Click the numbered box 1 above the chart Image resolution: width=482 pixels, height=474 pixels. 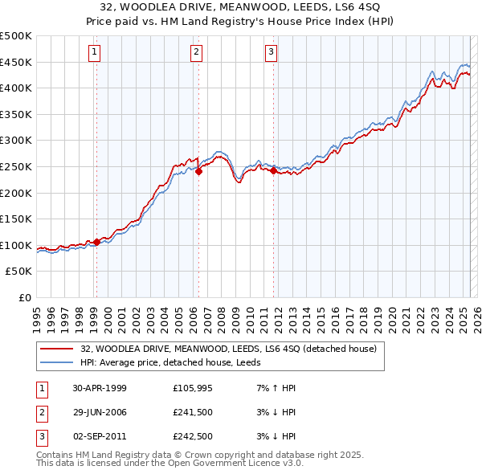click(95, 53)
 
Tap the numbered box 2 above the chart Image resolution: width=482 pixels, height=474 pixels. click(197, 53)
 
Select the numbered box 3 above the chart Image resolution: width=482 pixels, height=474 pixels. click(272, 53)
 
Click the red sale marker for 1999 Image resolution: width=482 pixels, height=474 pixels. click(97, 242)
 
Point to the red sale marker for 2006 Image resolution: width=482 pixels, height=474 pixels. click(198, 170)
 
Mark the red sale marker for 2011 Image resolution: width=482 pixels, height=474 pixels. click(273, 170)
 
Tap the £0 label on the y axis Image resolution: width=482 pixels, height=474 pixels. click(24, 297)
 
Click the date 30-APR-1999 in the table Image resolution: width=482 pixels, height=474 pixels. click(100, 388)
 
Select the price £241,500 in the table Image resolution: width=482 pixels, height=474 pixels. click(192, 412)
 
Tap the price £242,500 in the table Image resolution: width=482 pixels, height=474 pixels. click(192, 436)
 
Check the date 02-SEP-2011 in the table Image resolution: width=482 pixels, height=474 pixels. click(100, 436)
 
